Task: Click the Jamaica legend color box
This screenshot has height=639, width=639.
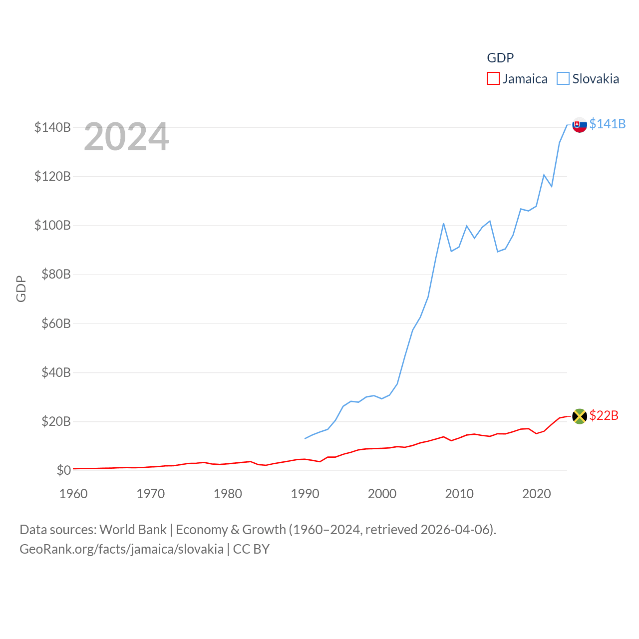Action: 493,79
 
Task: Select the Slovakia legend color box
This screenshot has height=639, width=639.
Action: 563,79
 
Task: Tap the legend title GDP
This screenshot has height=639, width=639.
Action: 500,58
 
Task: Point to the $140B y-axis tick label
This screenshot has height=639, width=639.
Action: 52,127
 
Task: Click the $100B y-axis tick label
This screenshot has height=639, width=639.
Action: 52,225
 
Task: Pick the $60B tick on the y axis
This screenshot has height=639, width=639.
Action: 56,323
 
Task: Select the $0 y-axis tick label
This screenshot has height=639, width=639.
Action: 63,470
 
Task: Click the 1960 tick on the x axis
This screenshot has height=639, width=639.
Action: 73,494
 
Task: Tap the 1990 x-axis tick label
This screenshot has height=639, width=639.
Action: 305,494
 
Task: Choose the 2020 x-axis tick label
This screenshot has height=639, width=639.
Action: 537,494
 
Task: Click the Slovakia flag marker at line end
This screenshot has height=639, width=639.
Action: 580,125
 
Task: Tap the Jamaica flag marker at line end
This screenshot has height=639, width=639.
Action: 580,416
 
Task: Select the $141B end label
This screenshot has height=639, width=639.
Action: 608,124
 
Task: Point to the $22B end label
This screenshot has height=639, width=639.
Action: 604,415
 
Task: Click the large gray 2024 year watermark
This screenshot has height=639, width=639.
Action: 126,137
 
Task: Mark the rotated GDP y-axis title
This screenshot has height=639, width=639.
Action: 21,289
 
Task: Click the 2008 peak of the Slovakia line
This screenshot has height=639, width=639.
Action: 443,223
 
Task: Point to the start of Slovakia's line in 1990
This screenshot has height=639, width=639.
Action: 305,438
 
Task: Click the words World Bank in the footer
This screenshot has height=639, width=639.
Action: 133,529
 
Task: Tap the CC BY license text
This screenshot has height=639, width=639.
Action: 251,549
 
